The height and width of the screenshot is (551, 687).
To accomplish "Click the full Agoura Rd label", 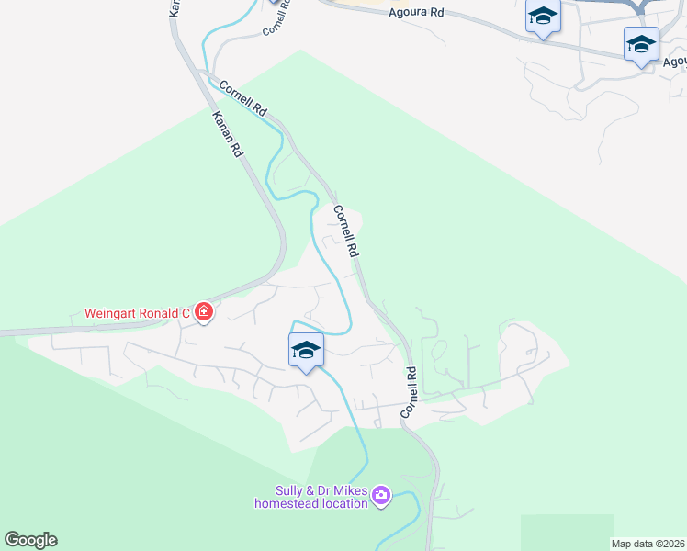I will click(415, 12).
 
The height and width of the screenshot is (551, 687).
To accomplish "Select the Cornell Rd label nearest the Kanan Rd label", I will click(243, 98).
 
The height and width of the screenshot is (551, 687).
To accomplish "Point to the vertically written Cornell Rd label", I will click(411, 394).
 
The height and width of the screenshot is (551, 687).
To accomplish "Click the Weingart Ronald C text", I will click(137, 313).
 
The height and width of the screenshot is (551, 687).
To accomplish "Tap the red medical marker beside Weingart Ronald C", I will click(204, 314).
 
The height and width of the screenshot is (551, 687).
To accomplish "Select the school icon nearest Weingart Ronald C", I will click(306, 350).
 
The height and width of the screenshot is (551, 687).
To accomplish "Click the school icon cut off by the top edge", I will click(543, 17).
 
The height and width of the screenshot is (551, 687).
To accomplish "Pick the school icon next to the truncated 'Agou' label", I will click(641, 43).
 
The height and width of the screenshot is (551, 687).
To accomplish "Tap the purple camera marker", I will click(381, 497).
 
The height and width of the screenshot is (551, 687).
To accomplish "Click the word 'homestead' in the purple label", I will click(285, 503).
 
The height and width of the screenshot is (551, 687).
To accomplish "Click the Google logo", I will click(30, 540).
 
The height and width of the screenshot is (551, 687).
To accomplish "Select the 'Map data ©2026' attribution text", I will click(648, 544).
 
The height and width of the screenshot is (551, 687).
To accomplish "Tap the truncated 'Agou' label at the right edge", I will click(674, 62).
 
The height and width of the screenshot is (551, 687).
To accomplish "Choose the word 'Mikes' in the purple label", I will click(359, 490).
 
